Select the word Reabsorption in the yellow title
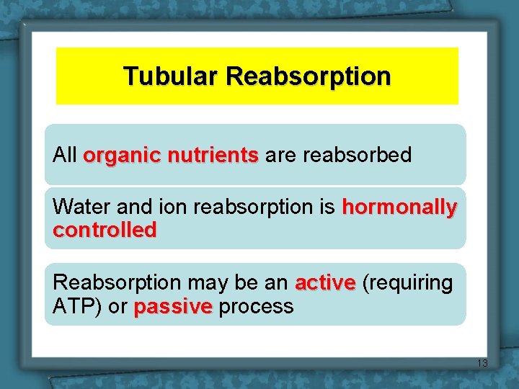pyautogui.click(x=308, y=76)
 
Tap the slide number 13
pyautogui.click(x=482, y=363)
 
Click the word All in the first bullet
pyautogui.click(x=65, y=155)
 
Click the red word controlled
pyautogui.click(x=105, y=231)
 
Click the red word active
pyautogui.click(x=325, y=283)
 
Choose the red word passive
pyautogui.click(x=173, y=307)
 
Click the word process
pyautogui.click(x=256, y=307)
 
